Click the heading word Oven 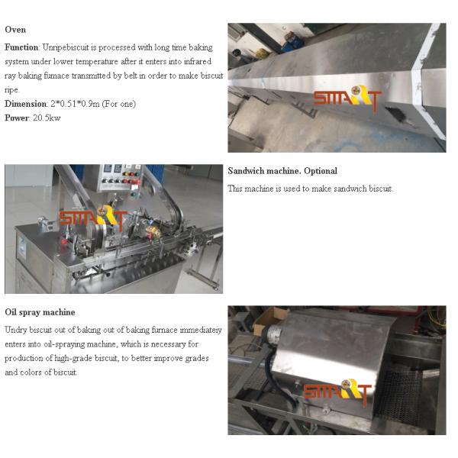click(x=15, y=30)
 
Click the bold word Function click(x=21, y=47)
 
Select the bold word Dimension click(x=26, y=104)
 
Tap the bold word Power click(x=17, y=118)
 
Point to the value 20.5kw click(x=47, y=118)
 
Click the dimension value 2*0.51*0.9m click(x=75, y=104)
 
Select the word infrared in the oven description click(x=198, y=61)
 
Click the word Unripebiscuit click(x=66, y=47)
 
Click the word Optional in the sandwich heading click(x=321, y=171)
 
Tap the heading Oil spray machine click(x=40, y=312)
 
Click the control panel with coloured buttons click(x=121, y=178)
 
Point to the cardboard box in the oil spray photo click(x=270, y=321)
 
